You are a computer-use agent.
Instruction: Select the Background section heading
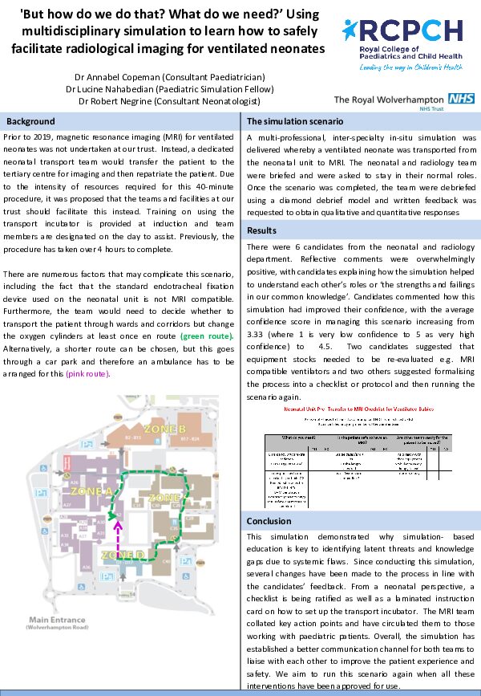tap(30, 122)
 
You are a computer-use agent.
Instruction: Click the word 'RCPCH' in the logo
tap(414, 31)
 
